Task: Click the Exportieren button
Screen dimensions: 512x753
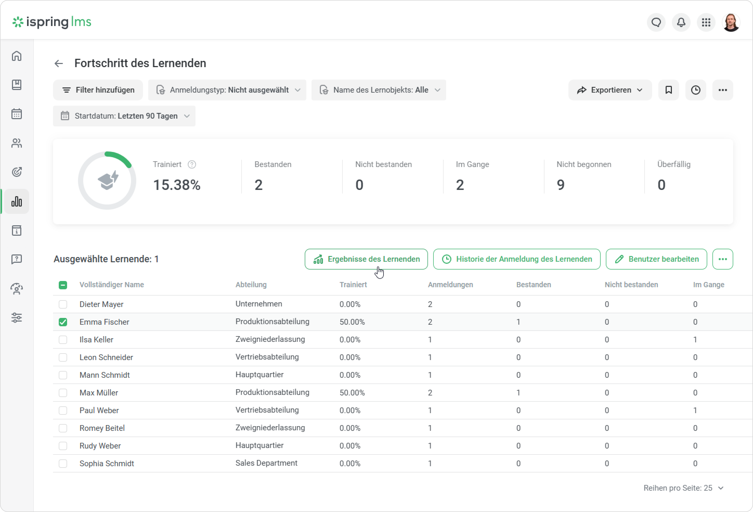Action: click(609, 90)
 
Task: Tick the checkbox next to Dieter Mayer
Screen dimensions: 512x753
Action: click(63, 304)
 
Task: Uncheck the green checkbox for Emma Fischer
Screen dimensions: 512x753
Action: click(63, 322)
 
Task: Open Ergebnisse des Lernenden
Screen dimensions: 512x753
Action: click(366, 259)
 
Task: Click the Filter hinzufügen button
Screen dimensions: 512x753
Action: click(98, 90)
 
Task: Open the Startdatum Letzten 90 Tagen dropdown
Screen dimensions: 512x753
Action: click(125, 116)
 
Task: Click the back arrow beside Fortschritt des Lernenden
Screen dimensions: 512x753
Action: click(59, 63)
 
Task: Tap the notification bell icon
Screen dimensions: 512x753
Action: click(681, 22)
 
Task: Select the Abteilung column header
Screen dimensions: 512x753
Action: click(251, 285)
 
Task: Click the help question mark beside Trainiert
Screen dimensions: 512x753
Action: click(192, 164)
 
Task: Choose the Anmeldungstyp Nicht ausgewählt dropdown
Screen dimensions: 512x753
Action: click(227, 90)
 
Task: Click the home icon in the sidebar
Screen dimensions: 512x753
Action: click(17, 56)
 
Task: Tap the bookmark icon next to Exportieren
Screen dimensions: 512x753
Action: click(668, 90)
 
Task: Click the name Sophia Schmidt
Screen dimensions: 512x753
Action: click(107, 463)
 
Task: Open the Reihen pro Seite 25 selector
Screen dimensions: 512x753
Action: click(683, 488)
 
